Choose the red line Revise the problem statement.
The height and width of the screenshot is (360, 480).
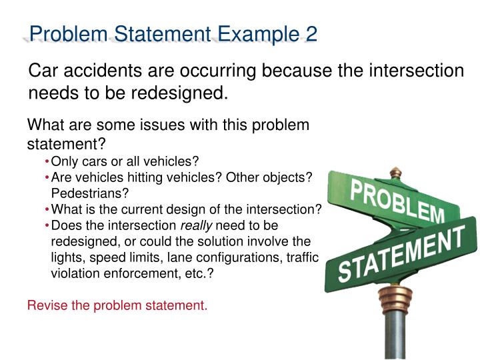pos(117,306)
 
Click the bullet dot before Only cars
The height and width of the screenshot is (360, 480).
pos(47,161)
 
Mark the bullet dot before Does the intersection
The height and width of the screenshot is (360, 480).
pos(47,225)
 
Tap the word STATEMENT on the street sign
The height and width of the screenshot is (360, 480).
pos(400,254)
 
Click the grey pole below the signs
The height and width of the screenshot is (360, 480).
pos(395,333)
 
